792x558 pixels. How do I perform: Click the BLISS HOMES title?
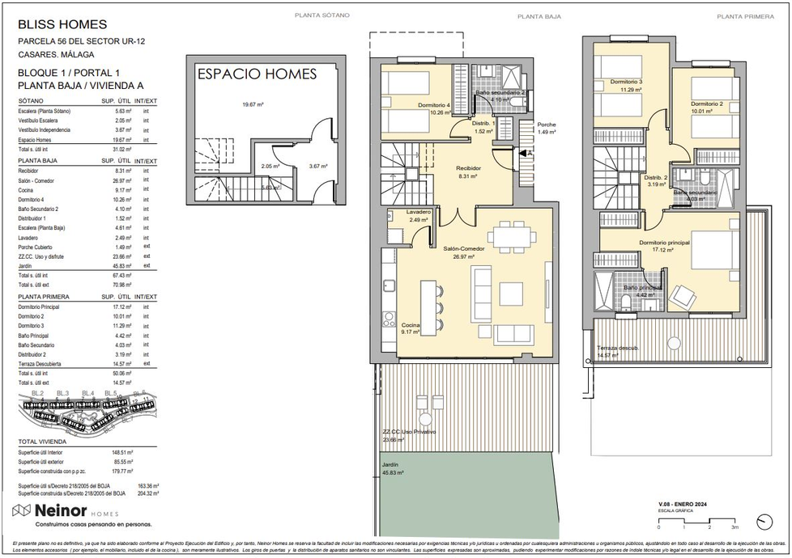62,25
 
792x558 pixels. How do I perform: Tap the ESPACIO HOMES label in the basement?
256,74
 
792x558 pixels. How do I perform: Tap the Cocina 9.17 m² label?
411,328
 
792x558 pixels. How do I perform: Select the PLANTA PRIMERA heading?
740,16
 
